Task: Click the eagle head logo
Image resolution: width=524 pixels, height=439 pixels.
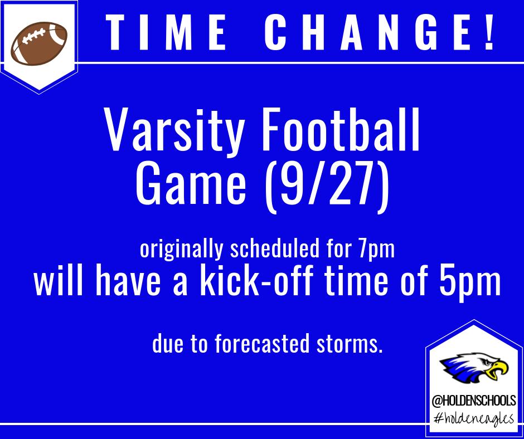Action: pyautogui.click(x=473, y=368)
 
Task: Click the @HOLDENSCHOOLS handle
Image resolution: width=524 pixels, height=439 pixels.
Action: pyautogui.click(x=473, y=401)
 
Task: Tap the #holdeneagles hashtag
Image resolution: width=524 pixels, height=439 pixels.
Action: pyautogui.click(x=473, y=418)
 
